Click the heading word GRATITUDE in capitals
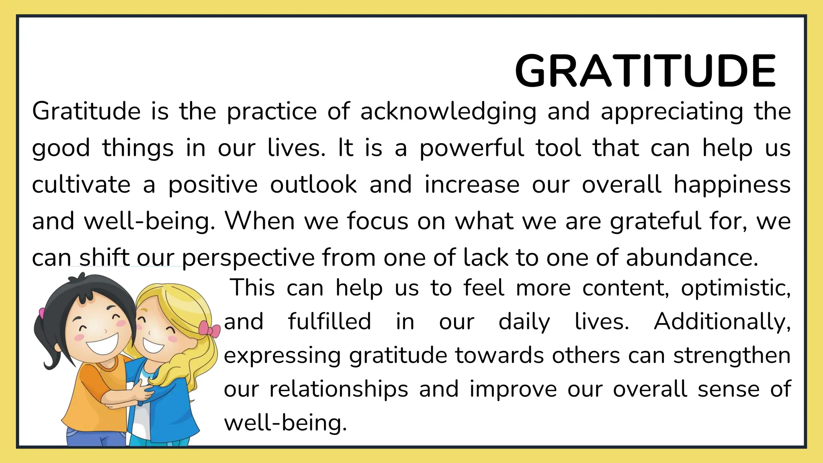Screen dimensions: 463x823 point(645,71)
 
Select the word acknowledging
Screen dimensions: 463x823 point(448,111)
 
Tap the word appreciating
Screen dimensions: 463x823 point(672,111)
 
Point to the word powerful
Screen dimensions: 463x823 point(472,148)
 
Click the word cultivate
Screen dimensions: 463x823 point(81,185)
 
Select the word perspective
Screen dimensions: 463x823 point(248,258)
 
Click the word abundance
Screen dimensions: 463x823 point(692,258)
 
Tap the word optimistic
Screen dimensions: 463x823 point(735,288)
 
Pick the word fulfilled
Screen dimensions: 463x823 point(330,322)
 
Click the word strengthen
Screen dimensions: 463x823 point(732,356)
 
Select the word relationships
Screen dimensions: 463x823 point(339,389)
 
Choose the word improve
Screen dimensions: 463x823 point(513,389)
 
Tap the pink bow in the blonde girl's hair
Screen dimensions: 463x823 point(209,329)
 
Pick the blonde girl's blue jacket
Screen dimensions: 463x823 point(179,406)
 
